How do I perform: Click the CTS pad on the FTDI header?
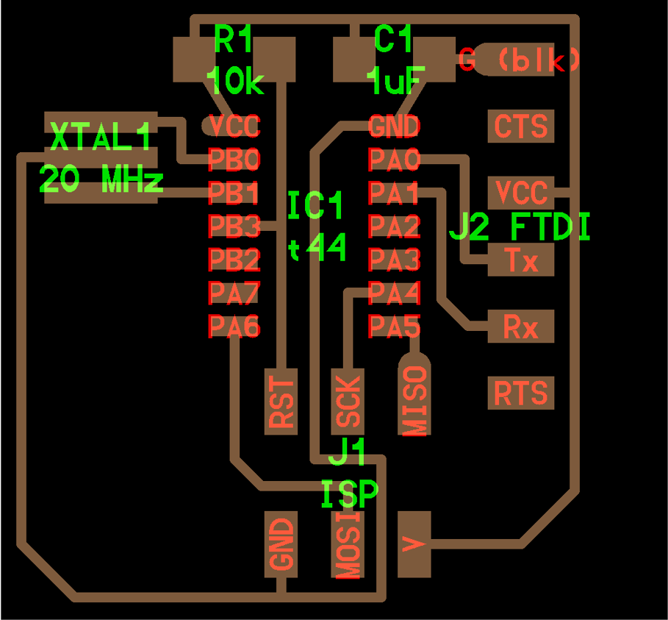tap(521, 127)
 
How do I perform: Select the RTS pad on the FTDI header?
tap(521, 393)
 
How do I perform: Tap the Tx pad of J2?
tap(521, 260)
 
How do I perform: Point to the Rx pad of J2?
tap(521, 327)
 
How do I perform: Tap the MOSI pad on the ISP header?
tap(348, 545)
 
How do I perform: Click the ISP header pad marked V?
tap(414, 544)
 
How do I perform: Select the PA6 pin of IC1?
tap(234, 325)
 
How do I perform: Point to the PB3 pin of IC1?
tap(234, 226)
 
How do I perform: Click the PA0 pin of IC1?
tap(394, 160)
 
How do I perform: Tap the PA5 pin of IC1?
tap(394, 325)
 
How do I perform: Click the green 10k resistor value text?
tap(235, 81)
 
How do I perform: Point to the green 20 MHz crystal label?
tap(101, 179)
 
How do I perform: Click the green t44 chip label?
tap(317, 249)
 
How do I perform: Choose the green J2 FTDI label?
tap(520, 228)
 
